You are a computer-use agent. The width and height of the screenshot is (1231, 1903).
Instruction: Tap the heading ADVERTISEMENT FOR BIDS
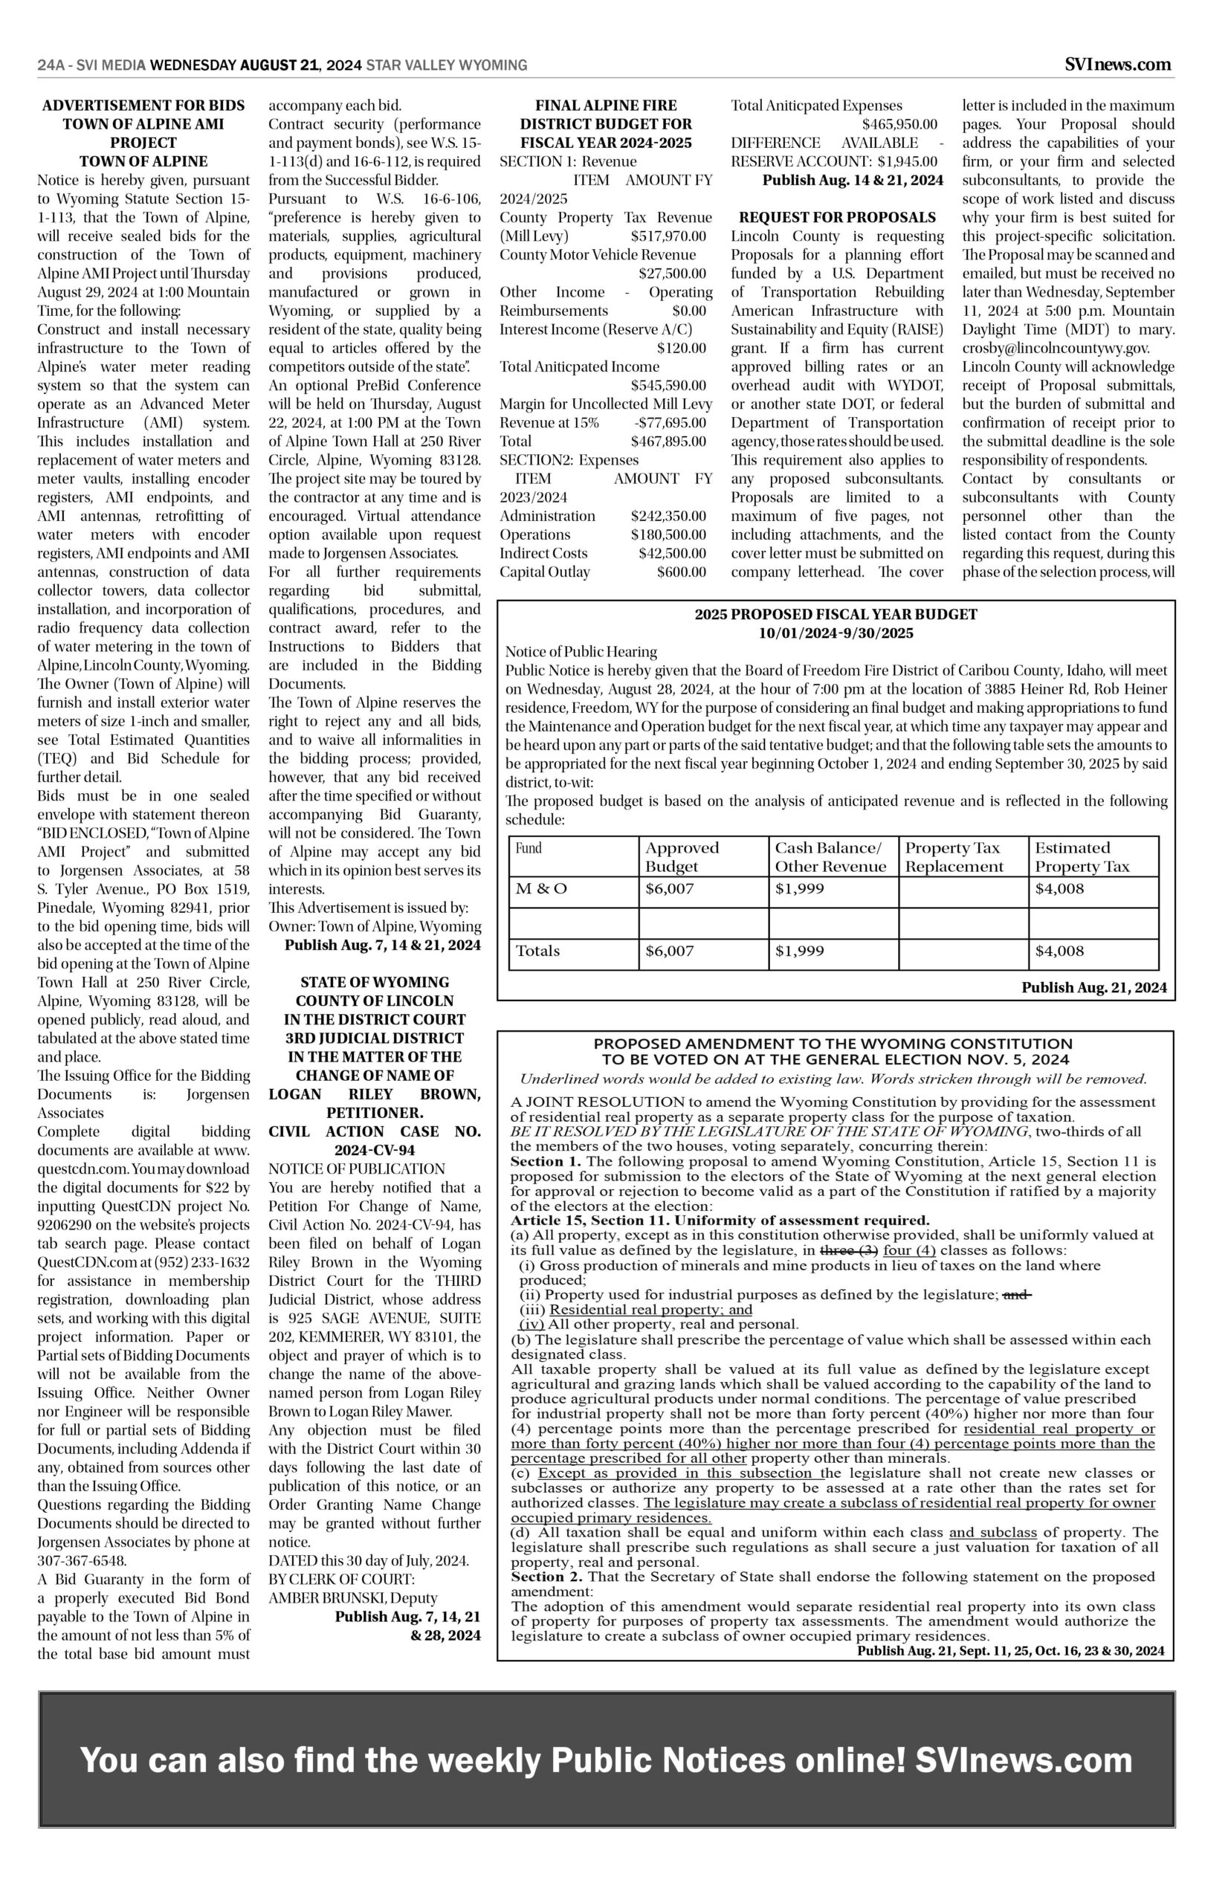(x=144, y=106)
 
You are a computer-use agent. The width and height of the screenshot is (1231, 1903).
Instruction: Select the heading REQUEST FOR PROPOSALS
(x=837, y=217)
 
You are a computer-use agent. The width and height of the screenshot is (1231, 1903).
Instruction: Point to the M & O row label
(x=541, y=889)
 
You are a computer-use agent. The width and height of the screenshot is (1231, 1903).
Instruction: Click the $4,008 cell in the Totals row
(x=1059, y=951)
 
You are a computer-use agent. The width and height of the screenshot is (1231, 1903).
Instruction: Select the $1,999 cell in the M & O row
(x=799, y=889)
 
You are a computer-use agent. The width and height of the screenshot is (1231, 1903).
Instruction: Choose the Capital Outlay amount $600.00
(x=681, y=572)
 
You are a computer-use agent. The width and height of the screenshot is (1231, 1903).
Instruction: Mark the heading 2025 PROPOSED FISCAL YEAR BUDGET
(x=836, y=615)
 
